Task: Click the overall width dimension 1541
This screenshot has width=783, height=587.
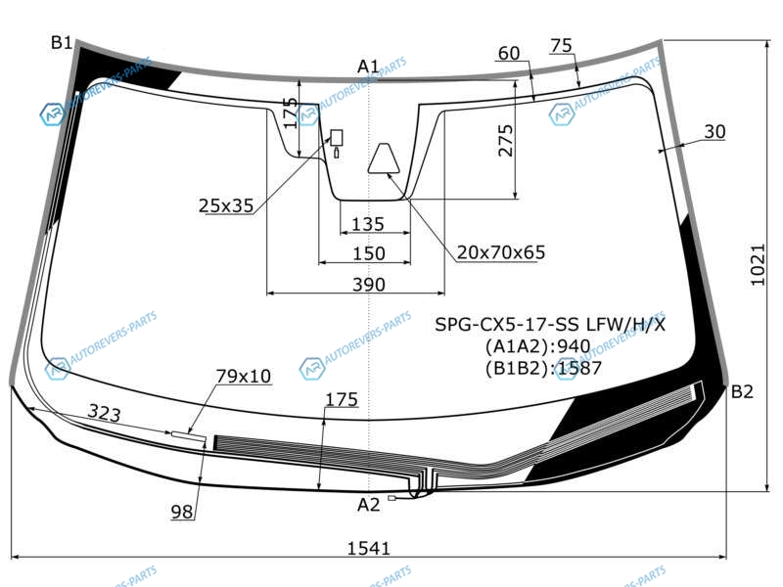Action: [x=369, y=548]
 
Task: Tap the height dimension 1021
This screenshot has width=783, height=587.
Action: [x=758, y=264]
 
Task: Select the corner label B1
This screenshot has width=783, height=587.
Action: [x=62, y=43]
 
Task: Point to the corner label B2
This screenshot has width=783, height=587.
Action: [x=742, y=392]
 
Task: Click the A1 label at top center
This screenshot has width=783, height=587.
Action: [x=369, y=66]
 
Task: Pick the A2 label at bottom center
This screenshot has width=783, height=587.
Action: [x=369, y=505]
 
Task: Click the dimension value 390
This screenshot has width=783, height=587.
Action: [x=369, y=285]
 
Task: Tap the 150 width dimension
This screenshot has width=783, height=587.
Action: [x=369, y=253]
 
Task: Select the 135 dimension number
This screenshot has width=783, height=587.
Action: [x=368, y=224]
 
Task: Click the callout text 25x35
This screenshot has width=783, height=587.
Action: [x=226, y=205]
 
